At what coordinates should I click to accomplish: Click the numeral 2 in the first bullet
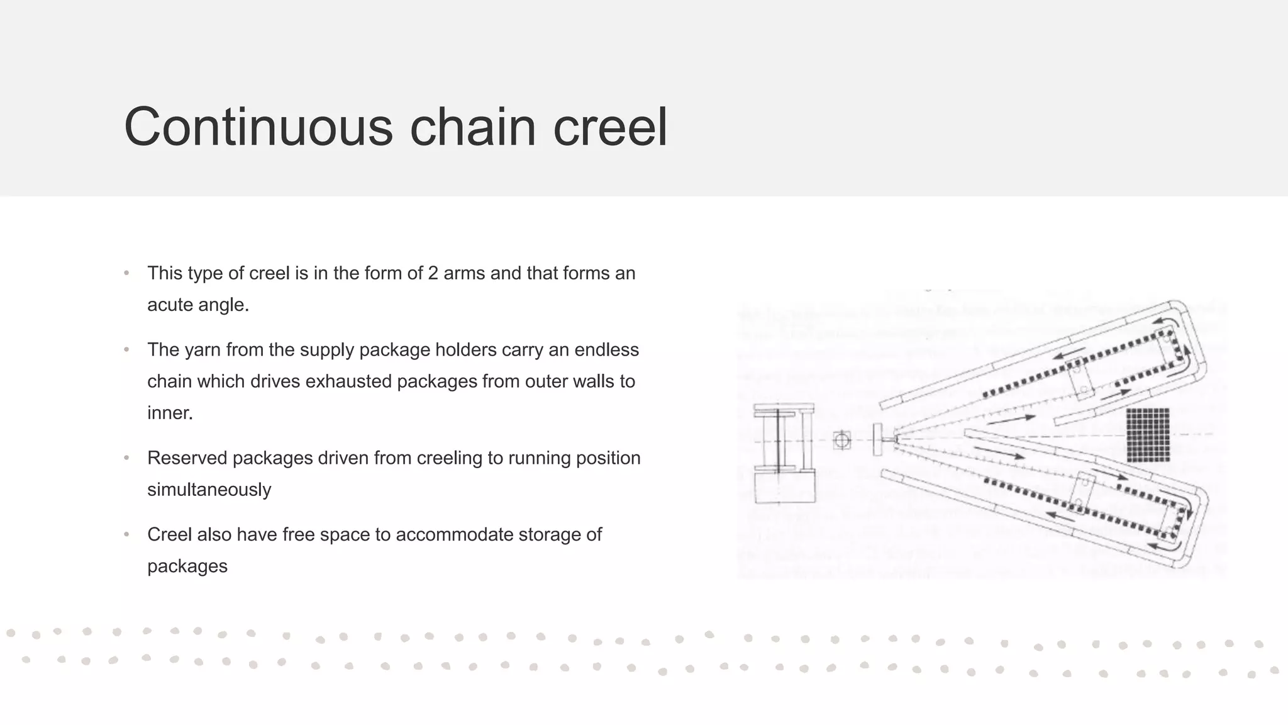point(433,273)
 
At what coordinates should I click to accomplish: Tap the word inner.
point(170,413)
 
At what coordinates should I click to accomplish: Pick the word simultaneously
point(209,490)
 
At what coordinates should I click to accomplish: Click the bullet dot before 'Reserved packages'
point(126,458)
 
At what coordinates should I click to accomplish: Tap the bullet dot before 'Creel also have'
point(126,535)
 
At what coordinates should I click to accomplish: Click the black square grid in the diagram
point(1148,435)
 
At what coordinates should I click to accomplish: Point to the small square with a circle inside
point(842,440)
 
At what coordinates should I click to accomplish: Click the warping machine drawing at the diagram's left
point(784,453)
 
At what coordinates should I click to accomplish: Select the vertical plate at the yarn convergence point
point(878,440)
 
